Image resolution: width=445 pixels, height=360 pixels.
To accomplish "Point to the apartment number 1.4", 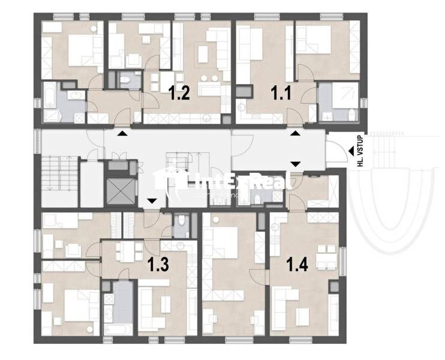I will (297, 264).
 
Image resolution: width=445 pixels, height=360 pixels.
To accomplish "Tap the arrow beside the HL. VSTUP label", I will (350, 152).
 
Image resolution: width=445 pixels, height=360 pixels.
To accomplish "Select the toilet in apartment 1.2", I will (126, 80).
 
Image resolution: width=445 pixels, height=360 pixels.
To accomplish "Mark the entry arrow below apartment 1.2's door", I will (122, 134).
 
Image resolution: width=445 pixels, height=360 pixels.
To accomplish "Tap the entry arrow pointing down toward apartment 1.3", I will (151, 201).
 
